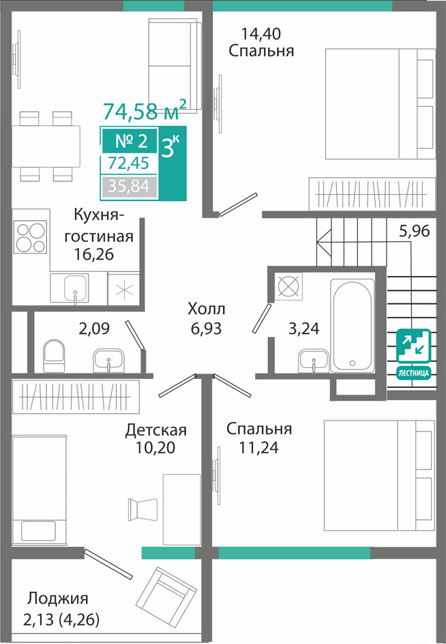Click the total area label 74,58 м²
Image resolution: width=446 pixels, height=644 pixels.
click(145, 110)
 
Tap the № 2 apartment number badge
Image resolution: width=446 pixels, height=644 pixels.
click(130, 141)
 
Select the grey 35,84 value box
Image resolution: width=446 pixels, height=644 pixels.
click(129, 187)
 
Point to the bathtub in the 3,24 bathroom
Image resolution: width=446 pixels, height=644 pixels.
click(353, 325)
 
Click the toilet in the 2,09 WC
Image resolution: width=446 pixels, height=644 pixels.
click(55, 356)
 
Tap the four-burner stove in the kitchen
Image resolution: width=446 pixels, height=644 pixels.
click(30, 237)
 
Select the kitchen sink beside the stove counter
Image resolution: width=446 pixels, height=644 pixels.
click(75, 289)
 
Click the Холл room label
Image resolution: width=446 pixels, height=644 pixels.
click(207, 309)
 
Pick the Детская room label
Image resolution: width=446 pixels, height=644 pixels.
click(155, 430)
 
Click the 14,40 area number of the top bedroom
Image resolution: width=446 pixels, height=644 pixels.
click(261, 33)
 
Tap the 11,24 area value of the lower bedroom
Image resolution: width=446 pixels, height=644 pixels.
click(258, 447)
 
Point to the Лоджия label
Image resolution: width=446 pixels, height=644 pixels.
click(58, 599)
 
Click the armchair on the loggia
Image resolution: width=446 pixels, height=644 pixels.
click(166, 591)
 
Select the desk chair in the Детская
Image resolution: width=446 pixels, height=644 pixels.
click(143, 509)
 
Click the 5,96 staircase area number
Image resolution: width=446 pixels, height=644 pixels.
click(415, 231)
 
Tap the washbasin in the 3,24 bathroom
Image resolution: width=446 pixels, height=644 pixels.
click(314, 361)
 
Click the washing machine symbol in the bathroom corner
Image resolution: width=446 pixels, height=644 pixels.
click(288, 286)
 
